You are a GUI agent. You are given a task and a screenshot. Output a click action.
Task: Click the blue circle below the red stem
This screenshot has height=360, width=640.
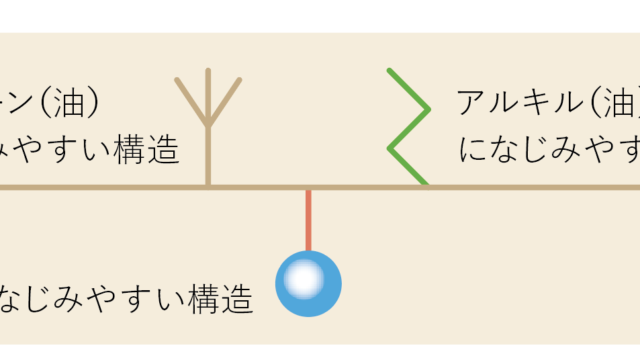coord(308,284)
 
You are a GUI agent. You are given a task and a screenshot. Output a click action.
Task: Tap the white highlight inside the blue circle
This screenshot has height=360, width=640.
coord(304,278)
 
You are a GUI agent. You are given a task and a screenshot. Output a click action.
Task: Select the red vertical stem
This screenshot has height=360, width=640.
coord(308,219)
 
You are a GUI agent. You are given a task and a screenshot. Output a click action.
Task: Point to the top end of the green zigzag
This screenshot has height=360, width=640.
coord(391,71)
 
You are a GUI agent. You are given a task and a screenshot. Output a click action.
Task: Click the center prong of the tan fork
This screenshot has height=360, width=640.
coord(208,95)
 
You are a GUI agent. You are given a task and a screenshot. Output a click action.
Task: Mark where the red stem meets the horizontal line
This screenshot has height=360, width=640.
coord(308,188)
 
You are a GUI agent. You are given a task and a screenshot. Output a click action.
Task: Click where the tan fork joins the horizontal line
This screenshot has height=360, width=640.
coord(208,187)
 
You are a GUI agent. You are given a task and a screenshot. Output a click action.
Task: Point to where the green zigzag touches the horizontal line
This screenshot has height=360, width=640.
coord(426,185)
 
